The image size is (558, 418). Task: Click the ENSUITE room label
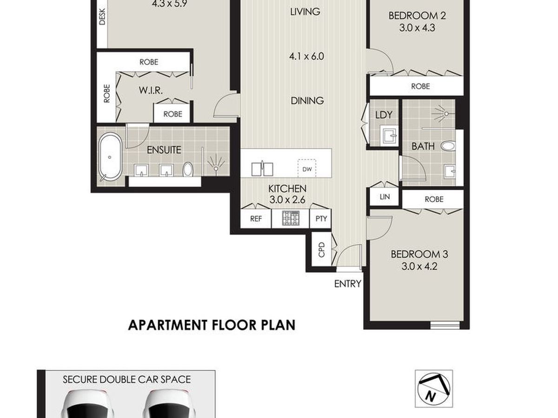point(164,150)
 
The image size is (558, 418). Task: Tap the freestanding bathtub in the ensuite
point(110,157)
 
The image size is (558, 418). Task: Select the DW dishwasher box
point(307,168)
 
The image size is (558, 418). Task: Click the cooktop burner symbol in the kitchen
point(291,218)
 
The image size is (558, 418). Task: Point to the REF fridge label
point(256,219)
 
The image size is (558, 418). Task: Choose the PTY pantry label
point(321,218)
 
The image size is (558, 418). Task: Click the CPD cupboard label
point(322,250)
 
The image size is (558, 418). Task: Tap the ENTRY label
point(347,284)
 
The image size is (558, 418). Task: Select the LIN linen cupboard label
point(385,196)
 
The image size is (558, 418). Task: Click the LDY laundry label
point(384,115)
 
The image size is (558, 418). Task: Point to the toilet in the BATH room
point(447,146)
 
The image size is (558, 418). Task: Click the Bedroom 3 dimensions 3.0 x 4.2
point(419,267)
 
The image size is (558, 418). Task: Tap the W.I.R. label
point(151,91)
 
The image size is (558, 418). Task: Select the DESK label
point(102,17)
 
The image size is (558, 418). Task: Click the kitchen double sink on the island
point(262,169)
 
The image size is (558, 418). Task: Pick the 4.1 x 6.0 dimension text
point(306,56)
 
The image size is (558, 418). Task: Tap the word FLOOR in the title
point(236,325)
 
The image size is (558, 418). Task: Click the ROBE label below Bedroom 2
point(420,86)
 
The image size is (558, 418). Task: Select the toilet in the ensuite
point(187,169)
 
